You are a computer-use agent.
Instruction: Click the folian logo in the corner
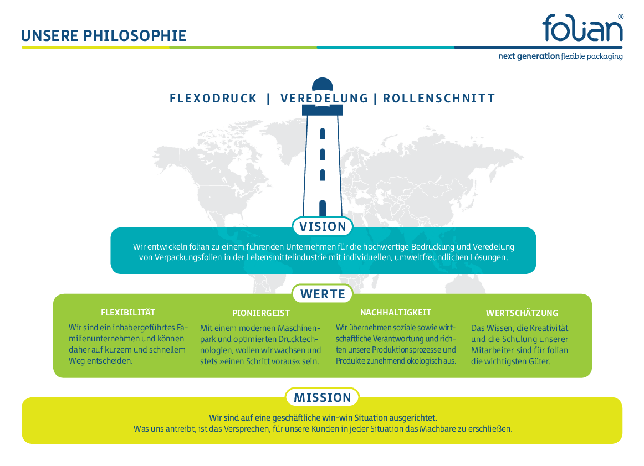[x=582, y=28]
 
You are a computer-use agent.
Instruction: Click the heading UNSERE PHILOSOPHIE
[x=104, y=35]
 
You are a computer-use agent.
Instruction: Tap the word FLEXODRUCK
[x=213, y=99]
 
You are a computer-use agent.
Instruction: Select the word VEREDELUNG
[x=324, y=99]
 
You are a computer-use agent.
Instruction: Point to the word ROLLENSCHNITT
[x=439, y=99]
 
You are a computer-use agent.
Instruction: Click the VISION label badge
[x=323, y=226]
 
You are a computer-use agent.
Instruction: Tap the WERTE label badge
[x=323, y=294]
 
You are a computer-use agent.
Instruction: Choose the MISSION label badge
[x=323, y=397]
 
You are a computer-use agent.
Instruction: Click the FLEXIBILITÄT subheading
[x=128, y=313]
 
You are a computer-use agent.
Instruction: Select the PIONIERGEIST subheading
[x=261, y=313]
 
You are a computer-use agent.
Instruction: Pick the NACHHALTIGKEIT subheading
[x=396, y=313]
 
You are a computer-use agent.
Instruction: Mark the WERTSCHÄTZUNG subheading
[x=522, y=313]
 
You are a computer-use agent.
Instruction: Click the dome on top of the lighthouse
[x=323, y=84]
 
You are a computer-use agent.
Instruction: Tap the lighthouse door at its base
[x=323, y=209]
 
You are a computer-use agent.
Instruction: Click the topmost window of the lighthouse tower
[x=323, y=134]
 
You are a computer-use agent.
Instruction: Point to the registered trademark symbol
[x=621, y=17]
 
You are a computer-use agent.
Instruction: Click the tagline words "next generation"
[x=529, y=56]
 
